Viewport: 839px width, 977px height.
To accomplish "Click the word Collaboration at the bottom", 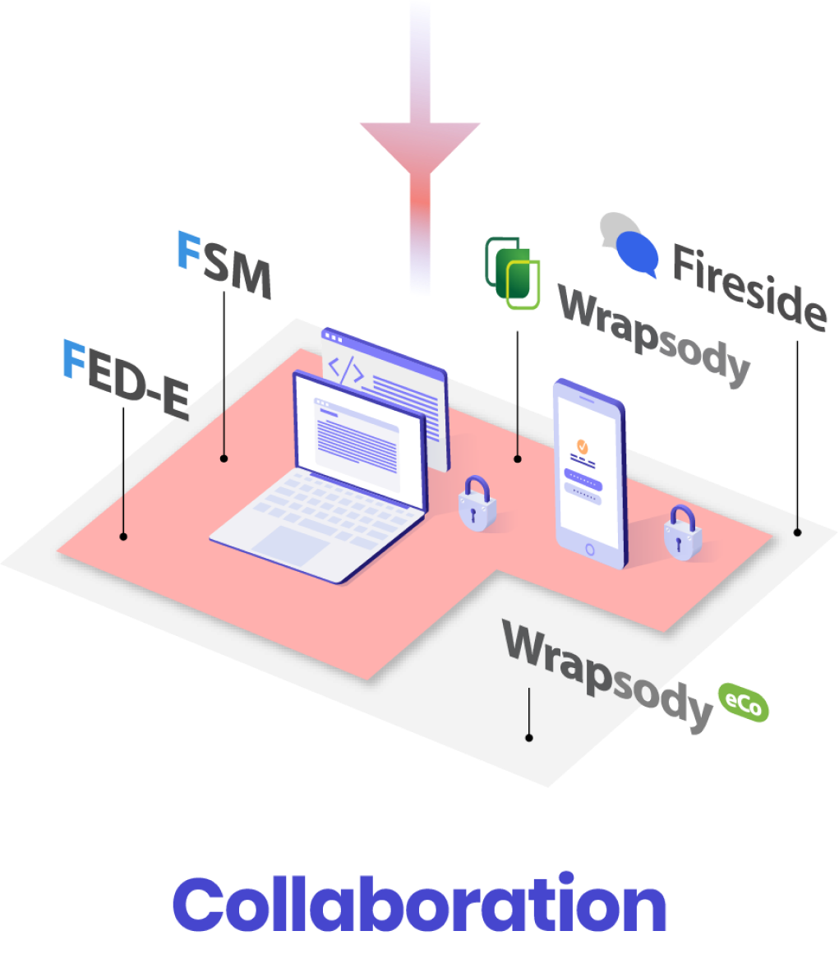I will click(419, 904).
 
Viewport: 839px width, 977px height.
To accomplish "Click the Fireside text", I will click(748, 284).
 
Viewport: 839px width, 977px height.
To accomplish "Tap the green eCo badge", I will click(744, 703).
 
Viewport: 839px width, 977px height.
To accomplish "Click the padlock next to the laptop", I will click(477, 504).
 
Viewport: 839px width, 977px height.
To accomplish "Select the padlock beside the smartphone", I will click(682, 533).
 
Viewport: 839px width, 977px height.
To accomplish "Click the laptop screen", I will click(358, 443).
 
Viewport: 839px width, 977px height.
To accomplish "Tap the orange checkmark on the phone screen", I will click(582, 446).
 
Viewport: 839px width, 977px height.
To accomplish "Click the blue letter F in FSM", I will click(189, 250).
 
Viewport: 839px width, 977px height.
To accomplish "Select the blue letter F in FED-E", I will click(75, 361).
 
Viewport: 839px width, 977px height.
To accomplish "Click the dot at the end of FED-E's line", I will click(123, 537).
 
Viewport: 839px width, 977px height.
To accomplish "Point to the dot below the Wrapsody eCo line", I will click(529, 738).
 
